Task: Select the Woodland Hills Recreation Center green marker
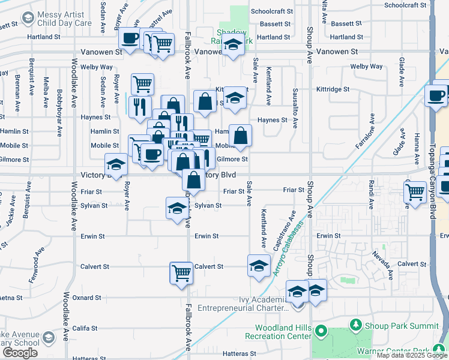coord(321,331)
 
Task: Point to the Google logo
coord(20,353)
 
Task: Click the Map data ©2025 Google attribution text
coord(411,355)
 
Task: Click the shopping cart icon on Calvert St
coord(181,272)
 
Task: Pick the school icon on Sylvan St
coord(177,208)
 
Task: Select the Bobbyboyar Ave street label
coord(59,104)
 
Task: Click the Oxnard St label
coord(86,298)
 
